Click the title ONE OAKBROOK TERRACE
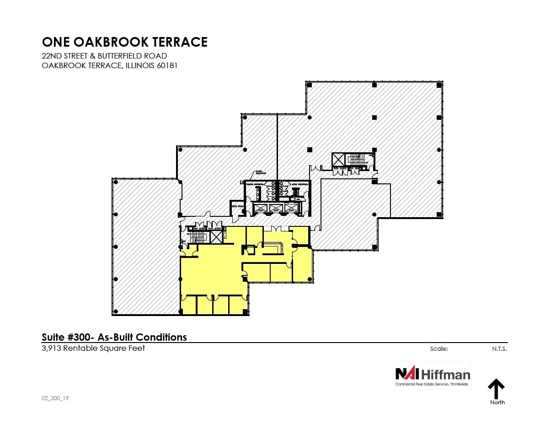125,42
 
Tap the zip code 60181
166,65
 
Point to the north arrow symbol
496,389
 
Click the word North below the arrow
497,402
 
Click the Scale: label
439,349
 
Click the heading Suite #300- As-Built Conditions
114,338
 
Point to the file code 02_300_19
55,398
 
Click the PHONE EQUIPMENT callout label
249,173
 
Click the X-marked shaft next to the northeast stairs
338,160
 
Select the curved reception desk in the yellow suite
274,247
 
